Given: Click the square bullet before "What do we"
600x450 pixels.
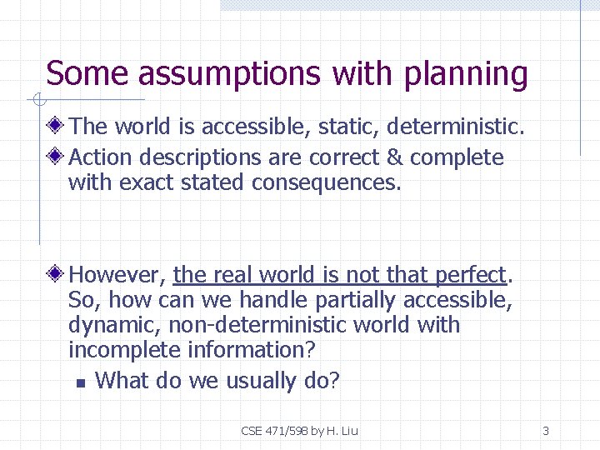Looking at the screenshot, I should (x=80, y=383).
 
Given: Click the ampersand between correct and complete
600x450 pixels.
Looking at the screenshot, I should (x=392, y=157).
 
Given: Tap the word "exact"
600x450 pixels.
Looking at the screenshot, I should (x=149, y=182).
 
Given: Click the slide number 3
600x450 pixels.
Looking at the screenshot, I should (x=546, y=431).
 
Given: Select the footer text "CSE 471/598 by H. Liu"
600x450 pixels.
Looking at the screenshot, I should (x=299, y=431).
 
